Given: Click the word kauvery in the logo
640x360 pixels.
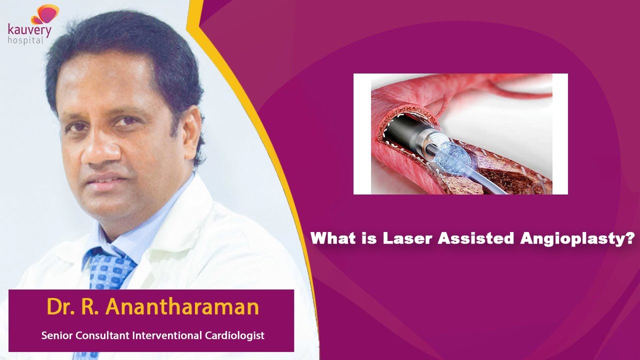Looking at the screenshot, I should [x=29, y=30].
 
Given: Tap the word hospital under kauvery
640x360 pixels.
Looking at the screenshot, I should [x=25, y=40].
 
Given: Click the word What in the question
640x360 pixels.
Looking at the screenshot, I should [x=334, y=238].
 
